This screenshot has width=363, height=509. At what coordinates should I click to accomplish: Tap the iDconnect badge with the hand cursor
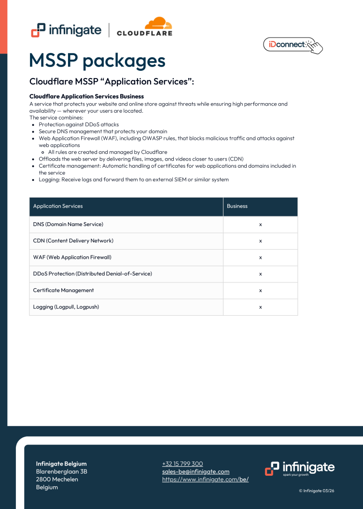point(293,45)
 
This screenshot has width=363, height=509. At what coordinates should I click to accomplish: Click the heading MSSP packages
point(97,61)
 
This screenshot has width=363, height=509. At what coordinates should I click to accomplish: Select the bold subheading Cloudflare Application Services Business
point(86,96)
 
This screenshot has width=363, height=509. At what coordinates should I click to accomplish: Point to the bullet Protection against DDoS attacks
point(79,124)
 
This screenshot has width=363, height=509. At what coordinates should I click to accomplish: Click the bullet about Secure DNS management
point(103,131)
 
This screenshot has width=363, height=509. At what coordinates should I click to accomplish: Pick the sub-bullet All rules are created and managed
point(108,152)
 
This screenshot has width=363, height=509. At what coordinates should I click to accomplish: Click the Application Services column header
point(58,206)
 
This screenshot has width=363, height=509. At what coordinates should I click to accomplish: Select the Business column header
point(237,206)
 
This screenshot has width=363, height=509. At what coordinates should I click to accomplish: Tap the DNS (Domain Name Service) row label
point(68,225)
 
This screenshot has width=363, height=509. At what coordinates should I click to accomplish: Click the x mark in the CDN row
point(260,241)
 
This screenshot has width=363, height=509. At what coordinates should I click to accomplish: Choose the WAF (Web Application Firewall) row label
point(72,257)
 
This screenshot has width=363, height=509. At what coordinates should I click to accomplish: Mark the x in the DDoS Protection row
point(260,274)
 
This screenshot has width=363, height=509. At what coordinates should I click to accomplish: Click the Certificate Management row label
point(63,290)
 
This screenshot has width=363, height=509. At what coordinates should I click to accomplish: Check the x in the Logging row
point(260,307)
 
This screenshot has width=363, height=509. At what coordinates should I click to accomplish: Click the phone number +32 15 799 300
point(182,464)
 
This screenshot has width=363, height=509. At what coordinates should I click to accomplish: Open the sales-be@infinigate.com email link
point(195,471)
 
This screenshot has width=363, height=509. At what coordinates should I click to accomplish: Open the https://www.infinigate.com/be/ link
point(205,480)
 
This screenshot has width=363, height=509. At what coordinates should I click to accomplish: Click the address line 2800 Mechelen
point(57,479)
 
